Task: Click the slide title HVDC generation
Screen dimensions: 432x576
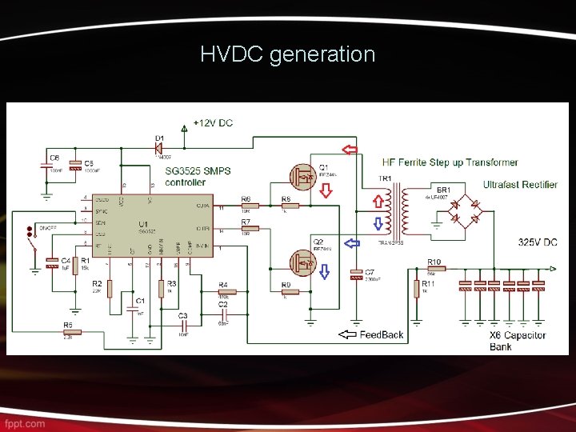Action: pos(287,54)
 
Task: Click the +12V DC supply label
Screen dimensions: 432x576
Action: pos(213,123)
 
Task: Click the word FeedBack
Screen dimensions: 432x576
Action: pos(382,334)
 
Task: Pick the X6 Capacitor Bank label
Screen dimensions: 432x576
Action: pos(517,341)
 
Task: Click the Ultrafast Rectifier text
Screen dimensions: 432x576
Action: pos(520,185)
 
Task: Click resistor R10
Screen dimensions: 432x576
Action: pos(434,270)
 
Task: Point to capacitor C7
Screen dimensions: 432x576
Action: pos(356,275)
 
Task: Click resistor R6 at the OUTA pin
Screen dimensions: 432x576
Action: pos(246,206)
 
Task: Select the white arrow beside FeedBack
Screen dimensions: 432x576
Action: pos(349,334)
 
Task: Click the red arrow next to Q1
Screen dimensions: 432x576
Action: pos(325,190)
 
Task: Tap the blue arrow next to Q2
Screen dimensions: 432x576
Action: pos(324,272)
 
